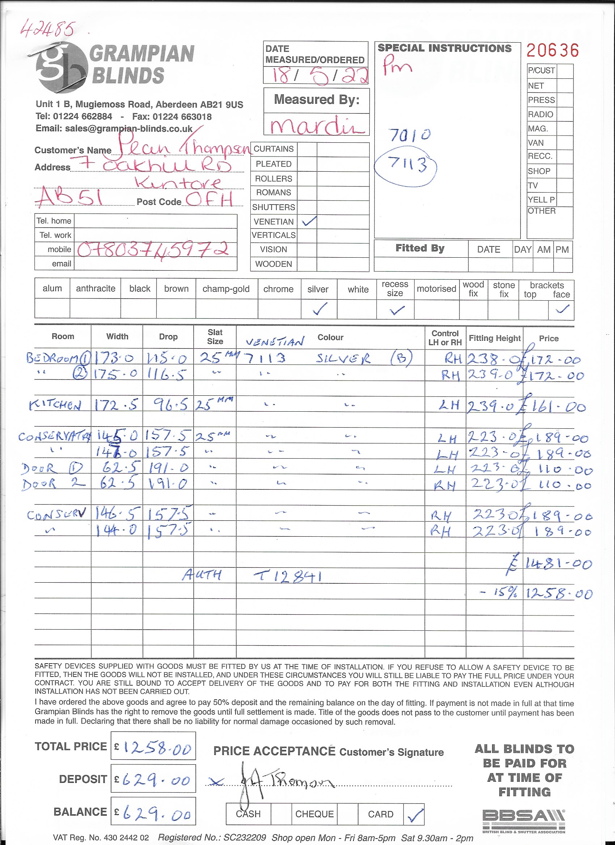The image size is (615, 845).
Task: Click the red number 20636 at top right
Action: click(x=552, y=50)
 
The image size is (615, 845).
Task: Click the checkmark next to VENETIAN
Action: click(x=309, y=221)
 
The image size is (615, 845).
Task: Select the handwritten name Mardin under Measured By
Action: click(x=317, y=125)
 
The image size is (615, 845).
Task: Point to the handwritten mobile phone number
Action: click(x=153, y=250)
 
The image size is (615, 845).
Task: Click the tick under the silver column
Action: click(x=320, y=309)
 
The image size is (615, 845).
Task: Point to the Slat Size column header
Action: click(x=215, y=336)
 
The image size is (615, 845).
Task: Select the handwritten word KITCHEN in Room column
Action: click(x=55, y=405)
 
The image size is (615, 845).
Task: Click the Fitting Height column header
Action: click(x=494, y=338)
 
